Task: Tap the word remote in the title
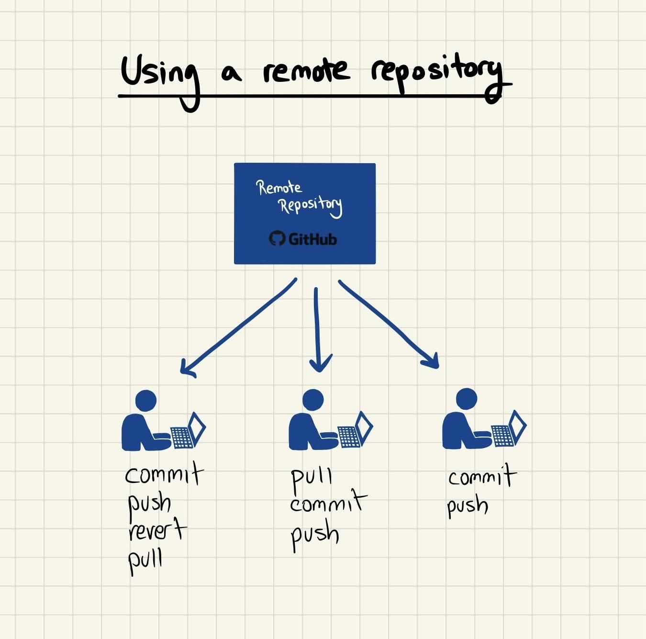(x=306, y=72)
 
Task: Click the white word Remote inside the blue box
(x=279, y=188)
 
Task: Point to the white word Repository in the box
(x=310, y=206)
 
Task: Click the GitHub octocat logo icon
(x=277, y=238)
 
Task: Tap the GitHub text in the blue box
(x=312, y=238)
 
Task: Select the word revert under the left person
(x=156, y=530)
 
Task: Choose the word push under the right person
(x=467, y=506)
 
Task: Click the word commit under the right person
(x=481, y=477)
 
